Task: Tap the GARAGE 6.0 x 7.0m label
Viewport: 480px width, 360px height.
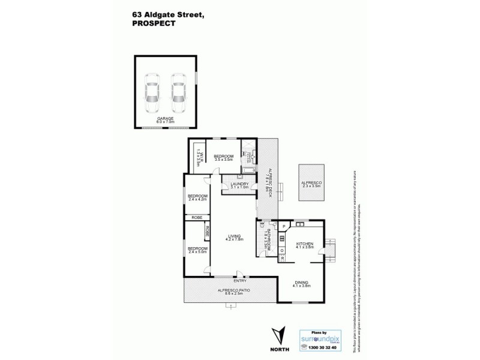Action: tap(166, 120)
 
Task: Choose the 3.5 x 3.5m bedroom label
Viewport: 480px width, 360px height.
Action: tap(223, 158)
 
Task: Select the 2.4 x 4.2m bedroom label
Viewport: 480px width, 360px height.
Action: tap(197, 199)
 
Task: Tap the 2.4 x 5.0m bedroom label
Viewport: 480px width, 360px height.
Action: tap(197, 250)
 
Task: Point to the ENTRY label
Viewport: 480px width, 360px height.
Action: tap(240, 281)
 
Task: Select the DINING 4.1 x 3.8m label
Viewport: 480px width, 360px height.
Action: tap(302, 286)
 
